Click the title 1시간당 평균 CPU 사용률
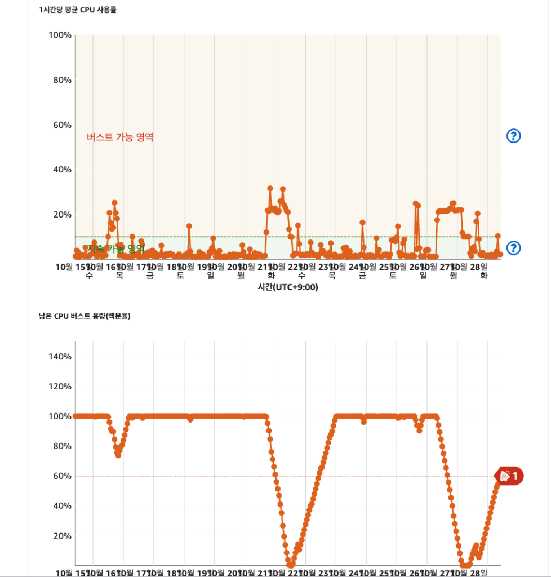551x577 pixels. (x=78, y=10)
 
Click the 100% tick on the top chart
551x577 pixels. (x=59, y=35)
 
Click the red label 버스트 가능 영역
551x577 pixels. (x=120, y=137)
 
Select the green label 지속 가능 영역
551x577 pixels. (x=116, y=248)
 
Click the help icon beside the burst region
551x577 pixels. (x=513, y=136)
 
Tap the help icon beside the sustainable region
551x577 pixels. (x=513, y=248)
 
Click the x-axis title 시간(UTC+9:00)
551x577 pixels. (x=287, y=287)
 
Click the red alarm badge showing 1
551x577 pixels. (x=509, y=476)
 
